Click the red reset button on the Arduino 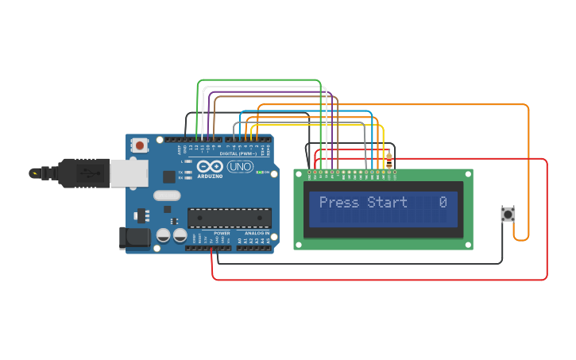tap(140, 145)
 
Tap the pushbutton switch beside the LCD tap(508, 214)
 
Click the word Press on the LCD tap(339, 203)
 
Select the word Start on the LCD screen tap(387, 203)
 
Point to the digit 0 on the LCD tap(443, 203)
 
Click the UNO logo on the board tap(240, 167)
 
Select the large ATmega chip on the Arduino tap(229, 218)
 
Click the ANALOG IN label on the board tap(256, 233)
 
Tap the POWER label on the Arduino tap(222, 233)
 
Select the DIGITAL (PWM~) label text tap(236, 153)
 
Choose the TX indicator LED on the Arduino tap(187, 172)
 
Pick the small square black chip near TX tap(169, 176)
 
